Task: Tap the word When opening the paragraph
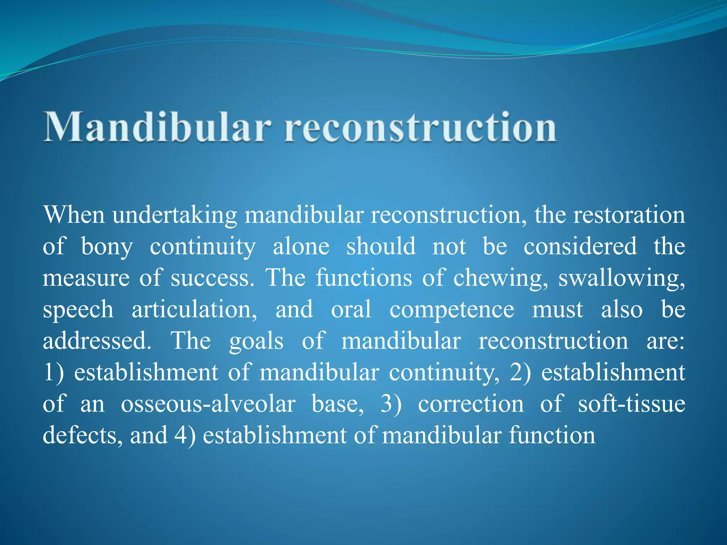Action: click(74, 215)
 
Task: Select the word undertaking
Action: click(175, 216)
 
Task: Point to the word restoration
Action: click(629, 215)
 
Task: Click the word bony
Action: click(107, 247)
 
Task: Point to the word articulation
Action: click(195, 309)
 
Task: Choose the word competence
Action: click(452, 309)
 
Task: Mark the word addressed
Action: click(97, 341)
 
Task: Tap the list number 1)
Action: click(53, 373)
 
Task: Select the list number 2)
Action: click(520, 373)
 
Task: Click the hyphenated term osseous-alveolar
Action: click(208, 404)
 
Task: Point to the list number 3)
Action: click(390, 404)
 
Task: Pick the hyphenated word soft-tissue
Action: click(631, 404)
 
